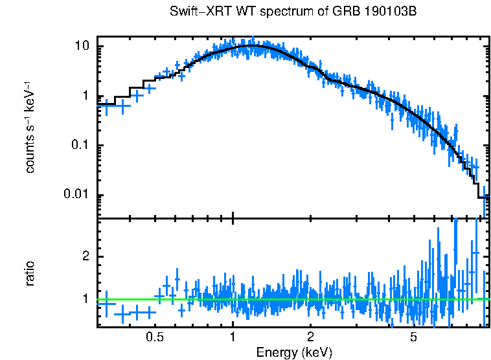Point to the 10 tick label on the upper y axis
[x=82, y=47]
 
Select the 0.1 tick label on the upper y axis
[x=80, y=146]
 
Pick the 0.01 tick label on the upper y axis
[x=77, y=195]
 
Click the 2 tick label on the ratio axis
[x=86, y=256]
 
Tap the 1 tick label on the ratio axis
[x=86, y=299]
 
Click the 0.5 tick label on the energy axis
[x=154, y=337]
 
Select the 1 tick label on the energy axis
[x=233, y=337]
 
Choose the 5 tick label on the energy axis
[x=413, y=337]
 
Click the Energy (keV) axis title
[x=294, y=352]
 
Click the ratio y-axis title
[x=30, y=273]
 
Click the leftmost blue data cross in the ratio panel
[x=106, y=303]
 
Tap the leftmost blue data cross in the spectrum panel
[x=106, y=106]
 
